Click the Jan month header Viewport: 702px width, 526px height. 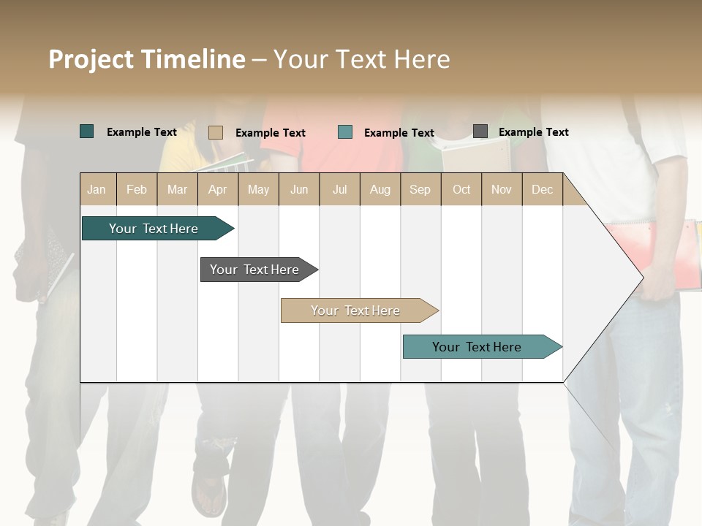(x=97, y=189)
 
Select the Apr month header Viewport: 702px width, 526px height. (x=218, y=189)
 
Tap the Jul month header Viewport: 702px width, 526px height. (x=339, y=189)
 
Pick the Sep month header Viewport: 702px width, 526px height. (x=420, y=189)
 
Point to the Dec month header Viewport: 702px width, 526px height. (x=542, y=189)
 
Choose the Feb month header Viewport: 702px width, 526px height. (x=137, y=189)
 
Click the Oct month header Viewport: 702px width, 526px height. (x=461, y=189)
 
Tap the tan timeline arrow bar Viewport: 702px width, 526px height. (x=357, y=310)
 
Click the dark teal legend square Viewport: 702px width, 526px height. (x=87, y=131)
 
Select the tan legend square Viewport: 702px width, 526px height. (x=216, y=132)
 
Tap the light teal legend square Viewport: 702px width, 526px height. (x=345, y=132)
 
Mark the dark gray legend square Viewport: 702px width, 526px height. (x=480, y=131)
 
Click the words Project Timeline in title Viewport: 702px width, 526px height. (x=147, y=59)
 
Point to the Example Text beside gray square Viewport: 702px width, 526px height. (x=533, y=132)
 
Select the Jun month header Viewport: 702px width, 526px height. (x=299, y=189)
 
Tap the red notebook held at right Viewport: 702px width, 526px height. (x=662, y=252)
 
